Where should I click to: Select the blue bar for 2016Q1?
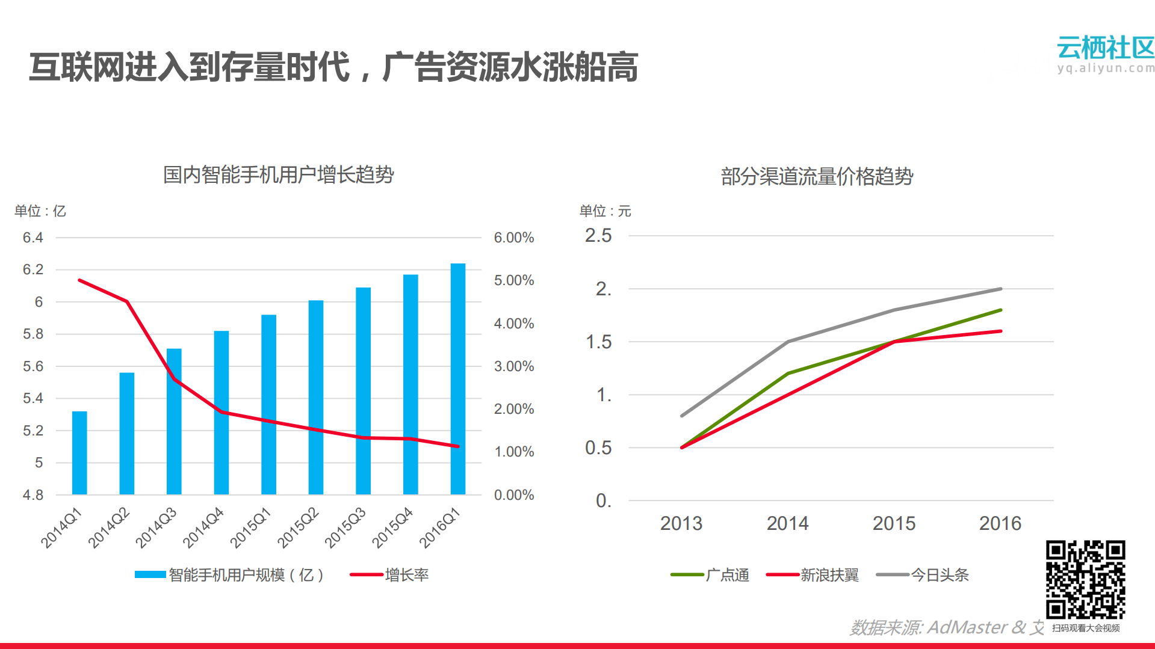coord(458,379)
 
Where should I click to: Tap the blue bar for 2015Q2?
coord(316,397)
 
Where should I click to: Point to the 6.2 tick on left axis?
coord(33,269)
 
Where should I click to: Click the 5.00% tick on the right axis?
coord(514,280)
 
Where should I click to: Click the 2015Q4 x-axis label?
coord(393,528)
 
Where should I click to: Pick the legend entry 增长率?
coord(406,575)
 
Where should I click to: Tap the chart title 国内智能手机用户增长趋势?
coord(278,175)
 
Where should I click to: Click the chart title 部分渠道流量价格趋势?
coord(817,176)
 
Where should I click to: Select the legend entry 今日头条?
coord(939,575)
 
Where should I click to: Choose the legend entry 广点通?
coord(727,575)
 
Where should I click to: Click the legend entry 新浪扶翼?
coord(829,575)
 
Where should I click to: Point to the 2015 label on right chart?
coord(894,523)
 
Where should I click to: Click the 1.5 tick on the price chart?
coord(598,342)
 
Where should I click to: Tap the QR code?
coord(1085,579)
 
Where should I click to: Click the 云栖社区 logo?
coord(1105,53)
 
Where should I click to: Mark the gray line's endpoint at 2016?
coord(1000,289)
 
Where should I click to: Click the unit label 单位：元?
coord(605,211)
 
